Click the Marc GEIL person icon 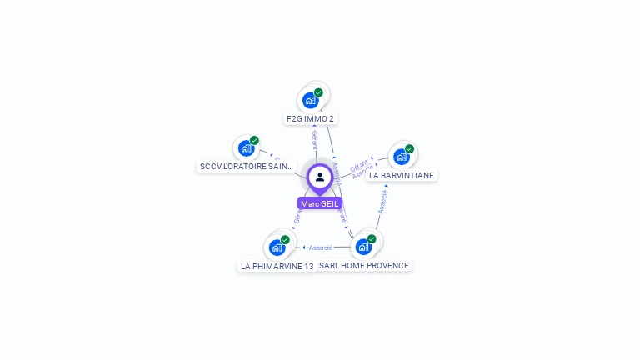(320, 177)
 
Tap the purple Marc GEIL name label (320, 203)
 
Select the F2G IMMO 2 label (310, 119)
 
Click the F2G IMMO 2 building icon (311, 100)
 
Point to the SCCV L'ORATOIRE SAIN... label (247, 167)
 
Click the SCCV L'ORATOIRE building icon (246, 148)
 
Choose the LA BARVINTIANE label (402, 176)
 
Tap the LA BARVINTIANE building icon (402, 156)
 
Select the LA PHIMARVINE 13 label (277, 267)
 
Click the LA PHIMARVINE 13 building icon (277, 247)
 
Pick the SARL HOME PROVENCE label (364, 266)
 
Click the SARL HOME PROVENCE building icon (363, 247)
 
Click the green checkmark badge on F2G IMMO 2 (318, 92)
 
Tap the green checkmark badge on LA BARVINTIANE (409, 149)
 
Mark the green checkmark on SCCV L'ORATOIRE (254, 141)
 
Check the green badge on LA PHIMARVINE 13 (285, 240)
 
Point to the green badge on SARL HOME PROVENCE (372, 239)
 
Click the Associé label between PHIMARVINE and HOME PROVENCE (321, 247)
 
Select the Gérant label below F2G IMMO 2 (314, 139)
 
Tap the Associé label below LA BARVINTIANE (382, 201)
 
